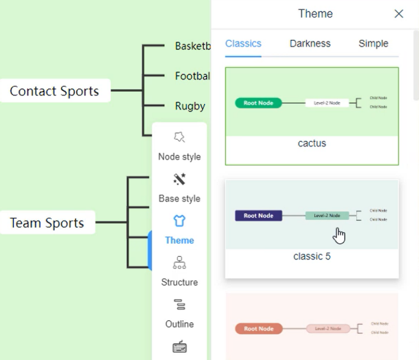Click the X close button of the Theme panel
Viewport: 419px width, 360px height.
click(x=399, y=14)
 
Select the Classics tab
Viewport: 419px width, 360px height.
click(x=243, y=44)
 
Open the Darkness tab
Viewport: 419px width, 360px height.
click(x=310, y=44)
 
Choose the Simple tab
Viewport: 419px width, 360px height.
click(x=373, y=44)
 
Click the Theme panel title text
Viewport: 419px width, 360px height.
click(x=315, y=14)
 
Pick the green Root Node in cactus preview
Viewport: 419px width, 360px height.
click(x=258, y=103)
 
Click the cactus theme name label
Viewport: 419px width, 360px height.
click(x=312, y=143)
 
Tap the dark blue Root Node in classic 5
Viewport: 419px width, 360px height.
click(x=258, y=215)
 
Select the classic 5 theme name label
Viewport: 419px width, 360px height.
click(x=312, y=256)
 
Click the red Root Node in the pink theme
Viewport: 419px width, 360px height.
click(x=258, y=329)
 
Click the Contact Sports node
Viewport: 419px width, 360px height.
click(x=55, y=91)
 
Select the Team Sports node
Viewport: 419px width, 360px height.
click(x=47, y=223)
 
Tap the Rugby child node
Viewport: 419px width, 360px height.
click(x=190, y=106)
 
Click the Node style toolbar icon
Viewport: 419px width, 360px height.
click(x=179, y=137)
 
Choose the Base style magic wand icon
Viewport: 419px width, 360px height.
click(x=179, y=179)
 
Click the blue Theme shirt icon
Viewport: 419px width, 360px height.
click(x=179, y=221)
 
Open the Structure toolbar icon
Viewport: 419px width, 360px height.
click(x=179, y=263)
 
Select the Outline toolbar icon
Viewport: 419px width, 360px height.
click(x=179, y=304)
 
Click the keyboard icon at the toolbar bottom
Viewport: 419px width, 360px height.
click(x=179, y=346)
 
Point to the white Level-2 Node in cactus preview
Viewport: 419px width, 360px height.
click(x=327, y=103)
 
